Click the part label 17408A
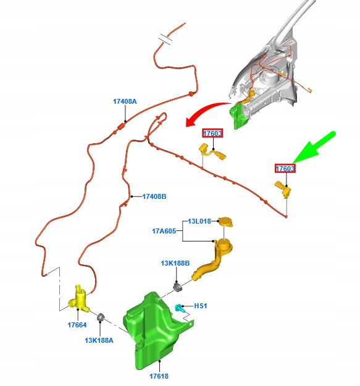click(x=125, y=101)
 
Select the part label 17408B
click(x=154, y=196)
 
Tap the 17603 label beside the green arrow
click(x=285, y=169)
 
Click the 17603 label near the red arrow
click(x=212, y=133)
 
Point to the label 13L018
click(x=199, y=221)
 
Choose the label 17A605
click(x=164, y=231)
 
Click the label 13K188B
click(x=175, y=263)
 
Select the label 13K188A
click(x=99, y=340)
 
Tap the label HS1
click(x=201, y=306)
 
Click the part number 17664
click(x=77, y=325)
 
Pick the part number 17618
click(x=159, y=376)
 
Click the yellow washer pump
click(x=79, y=298)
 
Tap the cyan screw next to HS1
click(x=178, y=308)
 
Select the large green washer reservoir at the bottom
click(x=155, y=330)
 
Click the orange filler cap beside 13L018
click(x=225, y=222)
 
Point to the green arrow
click(x=314, y=148)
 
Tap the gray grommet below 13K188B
click(x=178, y=287)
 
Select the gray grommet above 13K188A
click(x=101, y=317)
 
